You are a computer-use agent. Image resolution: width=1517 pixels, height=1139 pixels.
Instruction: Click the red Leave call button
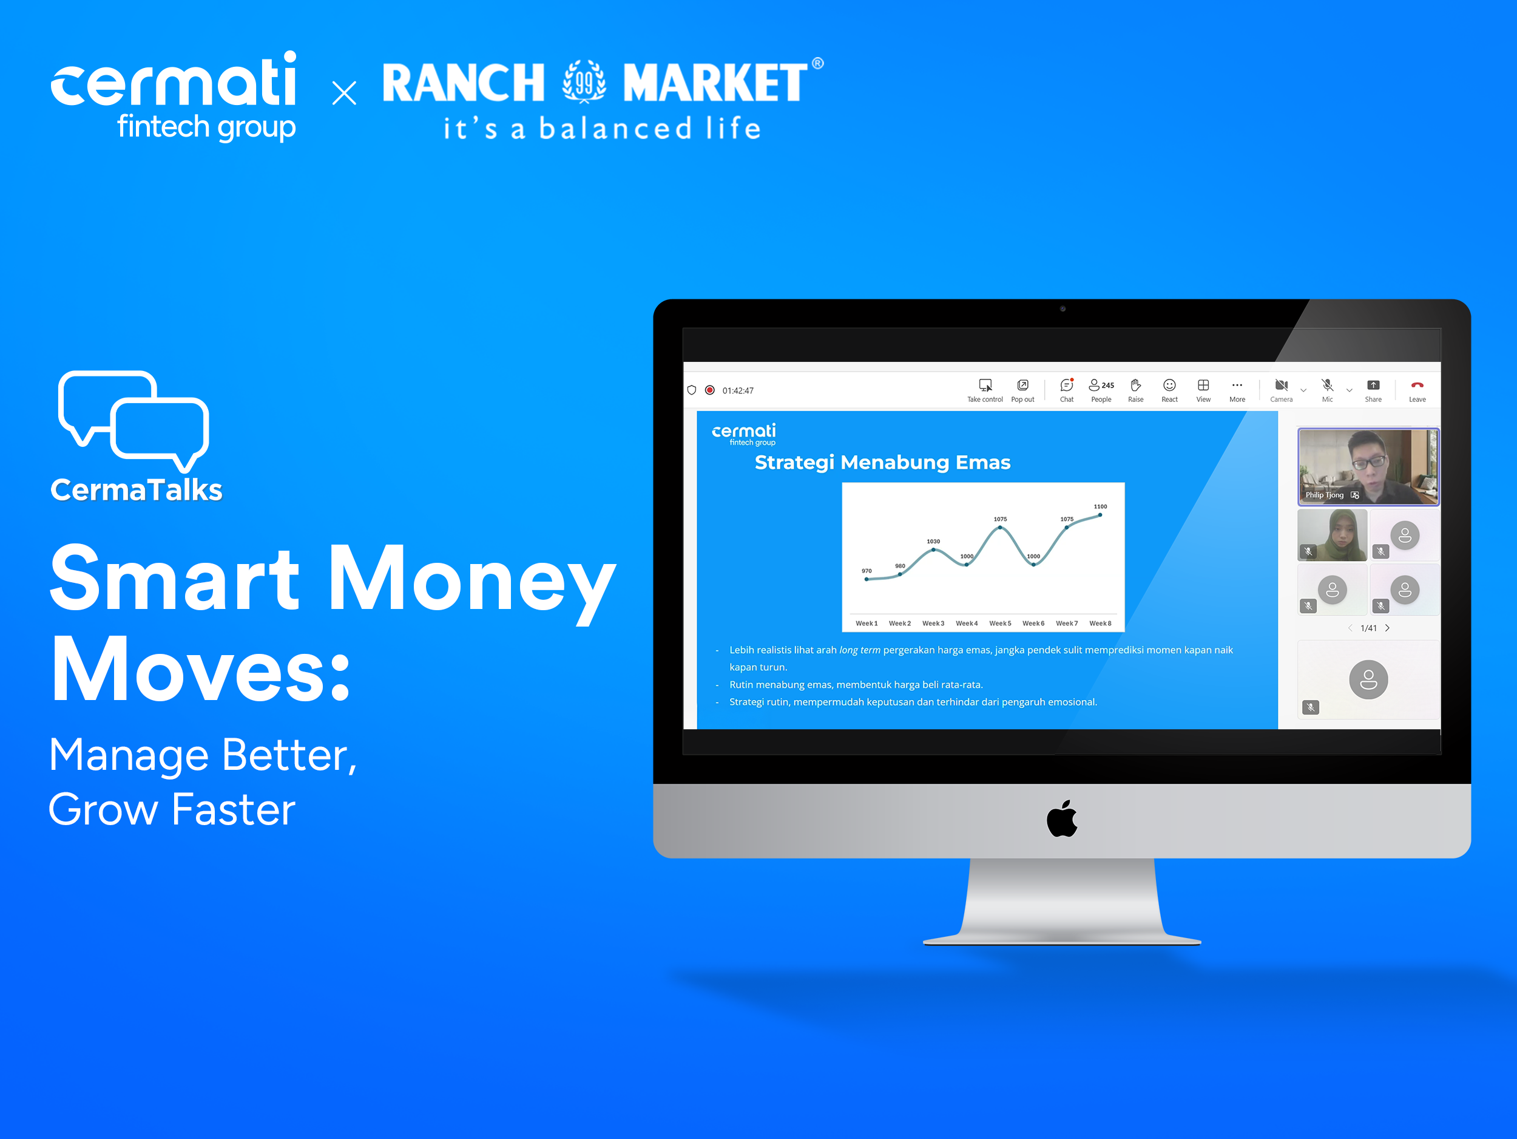coord(1417,390)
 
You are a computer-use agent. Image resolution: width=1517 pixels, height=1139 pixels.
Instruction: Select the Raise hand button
coord(1136,390)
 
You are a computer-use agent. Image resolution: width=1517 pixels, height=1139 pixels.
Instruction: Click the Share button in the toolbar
coord(1373,390)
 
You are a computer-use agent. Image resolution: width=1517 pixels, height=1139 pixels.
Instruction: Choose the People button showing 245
coord(1101,390)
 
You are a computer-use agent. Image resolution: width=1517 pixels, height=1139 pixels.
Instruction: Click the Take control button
coord(985,390)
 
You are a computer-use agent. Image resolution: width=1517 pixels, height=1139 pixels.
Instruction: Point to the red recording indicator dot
coord(710,390)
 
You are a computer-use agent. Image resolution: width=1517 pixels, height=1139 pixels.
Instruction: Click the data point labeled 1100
coord(1100,515)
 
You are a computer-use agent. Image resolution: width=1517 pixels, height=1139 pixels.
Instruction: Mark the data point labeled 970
coord(867,579)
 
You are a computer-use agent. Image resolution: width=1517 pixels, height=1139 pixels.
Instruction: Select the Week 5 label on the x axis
coord(1000,623)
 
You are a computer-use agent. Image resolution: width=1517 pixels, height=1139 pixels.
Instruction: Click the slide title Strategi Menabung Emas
coord(883,463)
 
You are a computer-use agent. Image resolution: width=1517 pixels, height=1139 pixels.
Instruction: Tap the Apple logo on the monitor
coord(1063,818)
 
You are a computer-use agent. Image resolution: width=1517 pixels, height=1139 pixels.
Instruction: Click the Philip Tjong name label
coord(1324,495)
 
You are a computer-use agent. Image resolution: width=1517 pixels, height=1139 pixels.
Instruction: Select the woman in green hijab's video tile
coord(1333,534)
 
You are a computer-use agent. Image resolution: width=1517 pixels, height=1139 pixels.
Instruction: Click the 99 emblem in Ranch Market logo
coord(584,81)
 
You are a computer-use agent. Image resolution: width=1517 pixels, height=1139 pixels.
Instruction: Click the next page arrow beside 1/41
coord(1387,628)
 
